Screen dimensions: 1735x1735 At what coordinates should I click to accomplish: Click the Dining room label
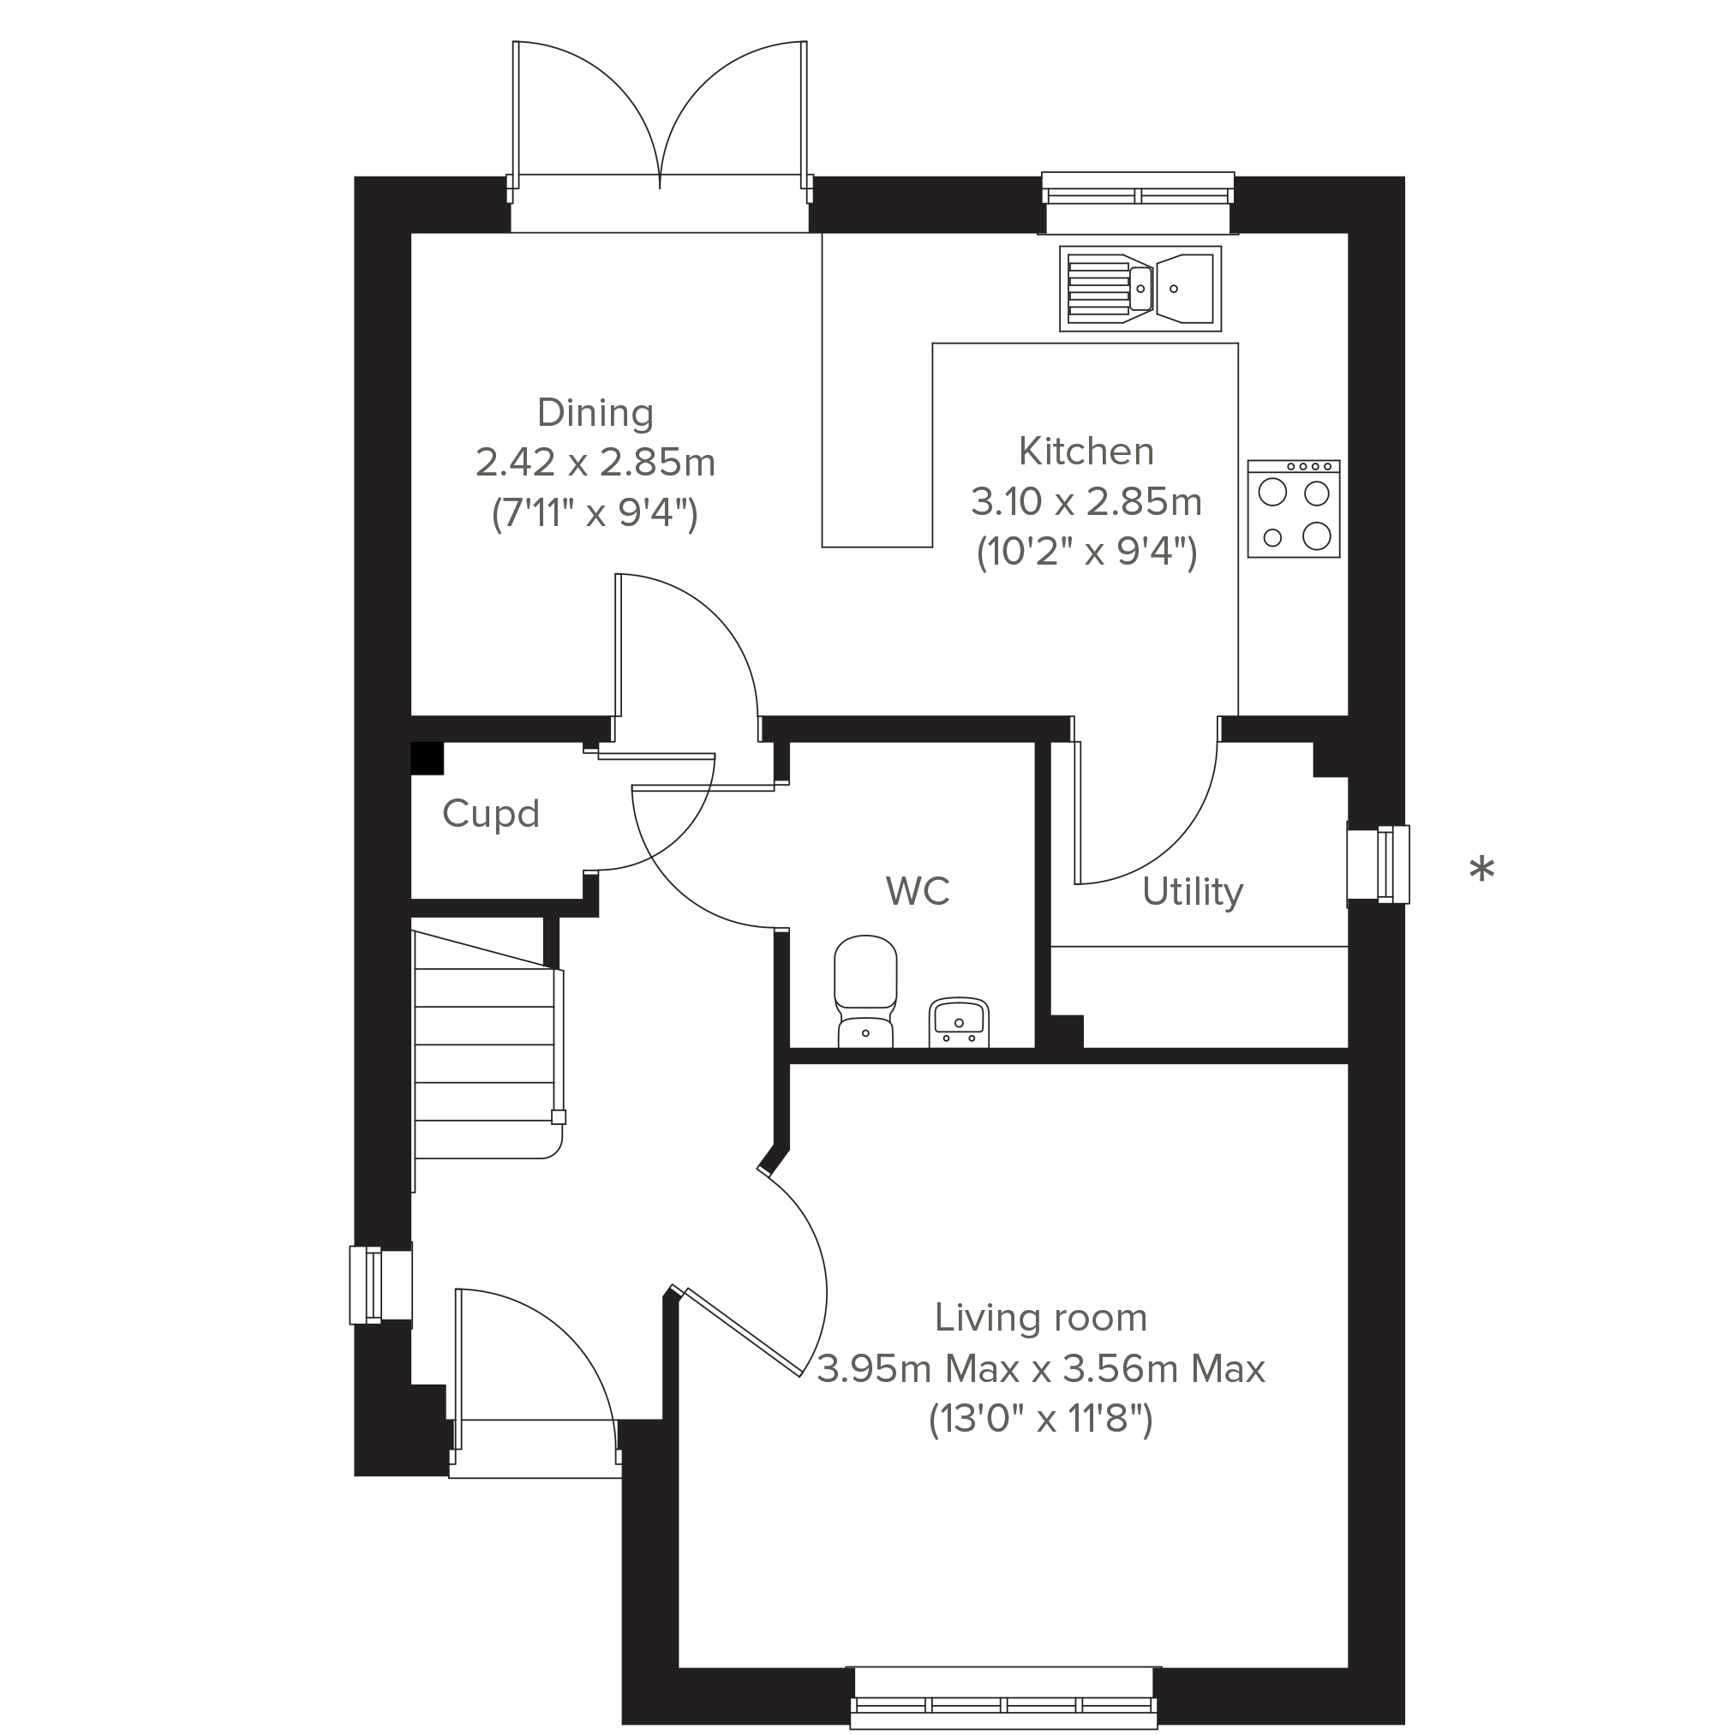coord(595,413)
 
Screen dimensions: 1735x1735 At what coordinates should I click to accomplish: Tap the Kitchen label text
coord(1086,452)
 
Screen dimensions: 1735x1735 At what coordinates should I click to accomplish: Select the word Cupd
coord(490,815)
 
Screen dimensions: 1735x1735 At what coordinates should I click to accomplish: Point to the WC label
coord(917,891)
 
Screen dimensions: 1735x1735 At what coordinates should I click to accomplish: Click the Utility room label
coord(1193,893)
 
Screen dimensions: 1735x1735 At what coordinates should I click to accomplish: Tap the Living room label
coord(1041,1319)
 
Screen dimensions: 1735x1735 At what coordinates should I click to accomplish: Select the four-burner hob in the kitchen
coord(1293,508)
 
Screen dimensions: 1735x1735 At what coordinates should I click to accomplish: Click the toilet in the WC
coord(865,991)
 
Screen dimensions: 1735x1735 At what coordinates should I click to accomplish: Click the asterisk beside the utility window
coord(1481,870)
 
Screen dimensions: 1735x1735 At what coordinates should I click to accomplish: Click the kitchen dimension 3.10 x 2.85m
coord(1086,502)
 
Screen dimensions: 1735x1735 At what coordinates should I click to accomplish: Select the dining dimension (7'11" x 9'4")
coord(595,515)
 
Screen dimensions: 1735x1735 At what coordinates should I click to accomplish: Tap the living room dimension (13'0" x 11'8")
coord(1041,1420)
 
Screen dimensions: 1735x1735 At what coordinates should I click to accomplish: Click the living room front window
coord(1003,1696)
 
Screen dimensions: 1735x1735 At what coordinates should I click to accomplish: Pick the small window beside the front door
coord(380,1285)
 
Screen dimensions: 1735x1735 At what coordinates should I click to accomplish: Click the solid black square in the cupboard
coord(428,759)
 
